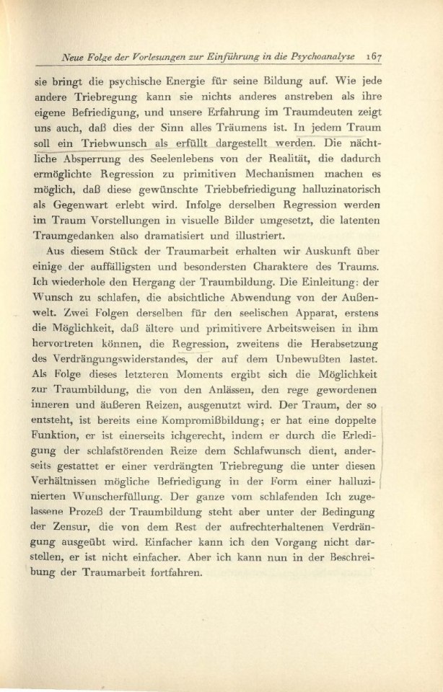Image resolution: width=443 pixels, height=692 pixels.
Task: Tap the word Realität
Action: point(261,160)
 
